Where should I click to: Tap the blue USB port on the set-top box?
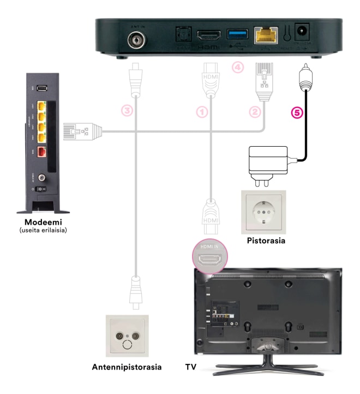tap(235, 35)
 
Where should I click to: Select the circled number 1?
tap(202, 112)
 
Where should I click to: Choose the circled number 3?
tap(127, 110)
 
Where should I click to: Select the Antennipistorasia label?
tap(126, 367)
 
